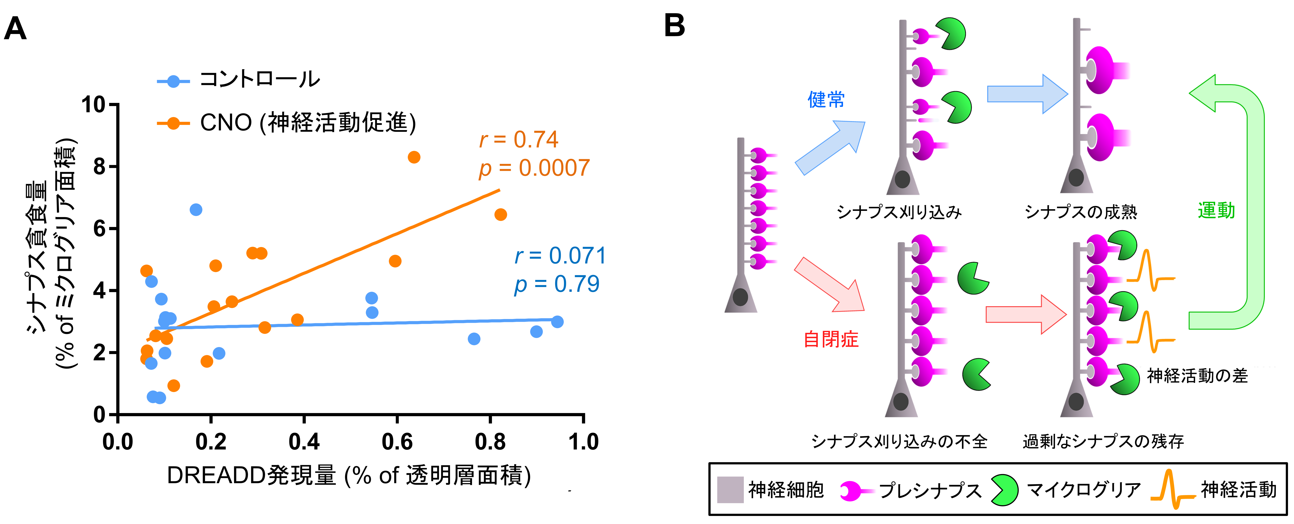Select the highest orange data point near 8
tap(414, 157)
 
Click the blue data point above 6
tap(196, 210)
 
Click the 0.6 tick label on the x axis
tap(397, 442)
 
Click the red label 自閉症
tap(831, 339)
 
